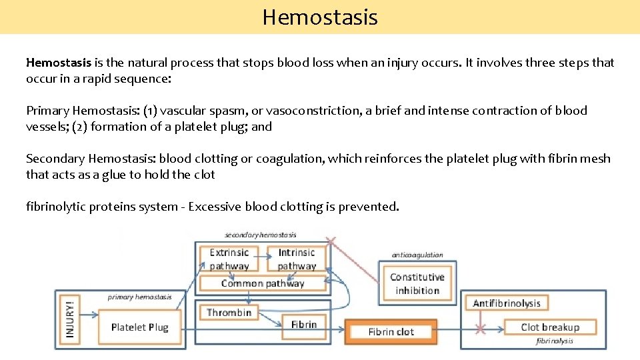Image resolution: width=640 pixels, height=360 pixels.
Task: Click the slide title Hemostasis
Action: coord(320,17)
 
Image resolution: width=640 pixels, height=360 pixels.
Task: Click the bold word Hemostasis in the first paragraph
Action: coord(59,63)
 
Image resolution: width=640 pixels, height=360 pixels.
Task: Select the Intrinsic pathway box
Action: coord(297,259)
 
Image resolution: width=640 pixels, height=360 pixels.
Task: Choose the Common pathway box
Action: coord(263,283)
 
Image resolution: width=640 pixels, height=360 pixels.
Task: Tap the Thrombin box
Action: coord(229,312)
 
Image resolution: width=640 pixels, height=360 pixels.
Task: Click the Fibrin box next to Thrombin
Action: coord(304,325)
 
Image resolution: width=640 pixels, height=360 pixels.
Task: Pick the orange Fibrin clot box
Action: coord(391,331)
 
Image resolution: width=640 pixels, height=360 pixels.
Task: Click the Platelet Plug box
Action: coord(139,327)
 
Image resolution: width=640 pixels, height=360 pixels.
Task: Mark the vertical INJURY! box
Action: coord(69,319)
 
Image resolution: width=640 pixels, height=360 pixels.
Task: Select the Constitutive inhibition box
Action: coord(417,283)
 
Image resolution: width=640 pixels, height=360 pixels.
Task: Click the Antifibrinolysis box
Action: coord(507,303)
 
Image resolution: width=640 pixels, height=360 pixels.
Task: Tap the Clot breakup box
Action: coord(550,327)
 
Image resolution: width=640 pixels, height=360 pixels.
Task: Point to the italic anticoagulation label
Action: coord(417,255)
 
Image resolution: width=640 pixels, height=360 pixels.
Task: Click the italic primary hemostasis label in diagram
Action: coord(139,297)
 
